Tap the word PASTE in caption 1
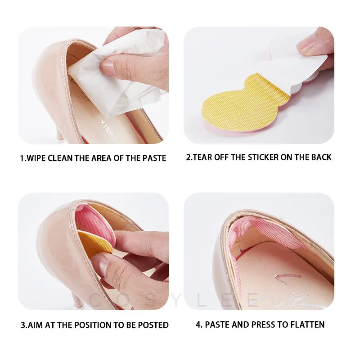click(153, 158)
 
